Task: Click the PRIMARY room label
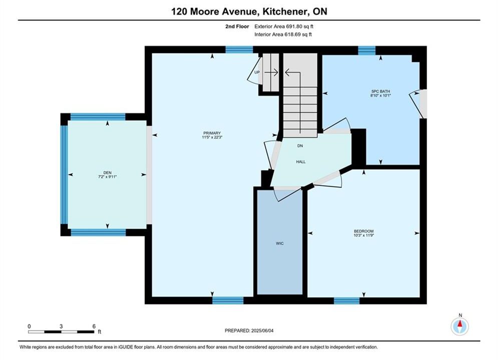coord(212,133)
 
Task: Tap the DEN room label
coord(107,173)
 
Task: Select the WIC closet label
coord(279,243)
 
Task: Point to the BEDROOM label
coord(364,231)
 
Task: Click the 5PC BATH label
coord(380,91)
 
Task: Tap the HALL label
coord(301,162)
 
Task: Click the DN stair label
coord(300,146)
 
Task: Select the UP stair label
coord(257,72)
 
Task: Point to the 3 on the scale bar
coord(61,326)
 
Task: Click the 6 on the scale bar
coord(94,326)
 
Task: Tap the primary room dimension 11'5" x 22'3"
coord(212,137)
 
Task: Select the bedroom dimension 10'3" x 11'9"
coord(364,235)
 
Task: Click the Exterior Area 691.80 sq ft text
coord(284,26)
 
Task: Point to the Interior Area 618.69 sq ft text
coord(283,34)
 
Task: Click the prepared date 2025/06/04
coord(262,330)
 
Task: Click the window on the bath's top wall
coord(367,50)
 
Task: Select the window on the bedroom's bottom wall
coord(347,300)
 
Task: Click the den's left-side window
coord(64,175)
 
